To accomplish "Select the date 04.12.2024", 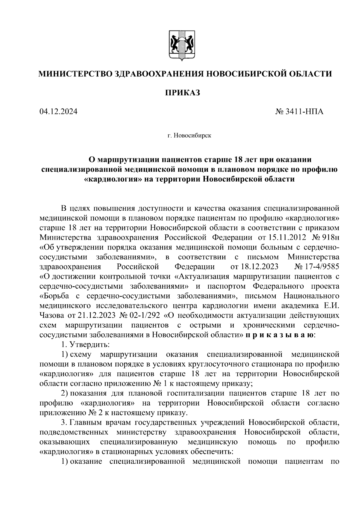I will [x=58, y=112].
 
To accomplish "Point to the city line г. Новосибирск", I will [x=189, y=136].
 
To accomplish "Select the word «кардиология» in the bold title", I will [x=110, y=179].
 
